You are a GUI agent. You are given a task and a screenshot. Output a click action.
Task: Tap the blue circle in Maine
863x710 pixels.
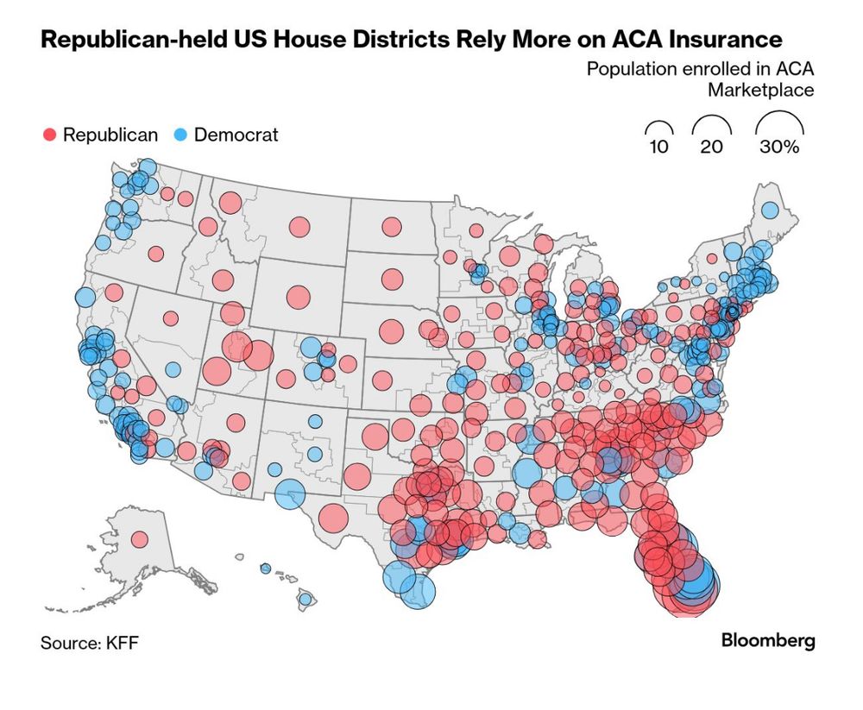click(x=769, y=210)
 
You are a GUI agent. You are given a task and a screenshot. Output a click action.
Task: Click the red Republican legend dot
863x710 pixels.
click(x=49, y=135)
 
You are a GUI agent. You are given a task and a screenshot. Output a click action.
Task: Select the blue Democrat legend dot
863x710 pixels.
click(x=181, y=135)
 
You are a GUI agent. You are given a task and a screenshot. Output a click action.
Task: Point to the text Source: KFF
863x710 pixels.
click(x=89, y=644)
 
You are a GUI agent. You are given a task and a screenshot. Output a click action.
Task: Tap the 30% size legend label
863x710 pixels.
click(x=779, y=147)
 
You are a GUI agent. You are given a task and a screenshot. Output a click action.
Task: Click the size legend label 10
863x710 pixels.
click(x=658, y=147)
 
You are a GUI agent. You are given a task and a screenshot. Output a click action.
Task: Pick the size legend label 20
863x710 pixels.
click(x=711, y=147)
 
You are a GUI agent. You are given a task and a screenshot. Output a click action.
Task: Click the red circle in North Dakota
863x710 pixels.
click(x=392, y=227)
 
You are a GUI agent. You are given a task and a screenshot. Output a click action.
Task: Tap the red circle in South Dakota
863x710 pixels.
click(x=392, y=280)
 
